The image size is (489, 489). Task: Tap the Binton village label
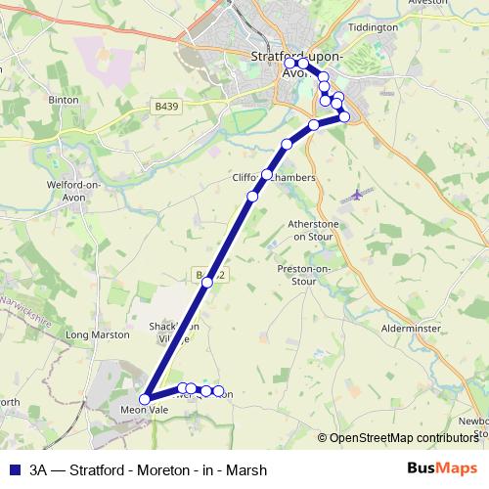tap(63, 100)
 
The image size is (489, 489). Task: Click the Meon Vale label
tap(138, 411)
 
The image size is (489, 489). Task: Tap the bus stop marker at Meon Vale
tap(145, 398)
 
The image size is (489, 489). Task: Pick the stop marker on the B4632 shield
tap(206, 281)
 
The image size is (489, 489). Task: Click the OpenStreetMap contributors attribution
tap(403, 437)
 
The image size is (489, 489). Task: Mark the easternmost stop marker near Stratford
tap(344, 117)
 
